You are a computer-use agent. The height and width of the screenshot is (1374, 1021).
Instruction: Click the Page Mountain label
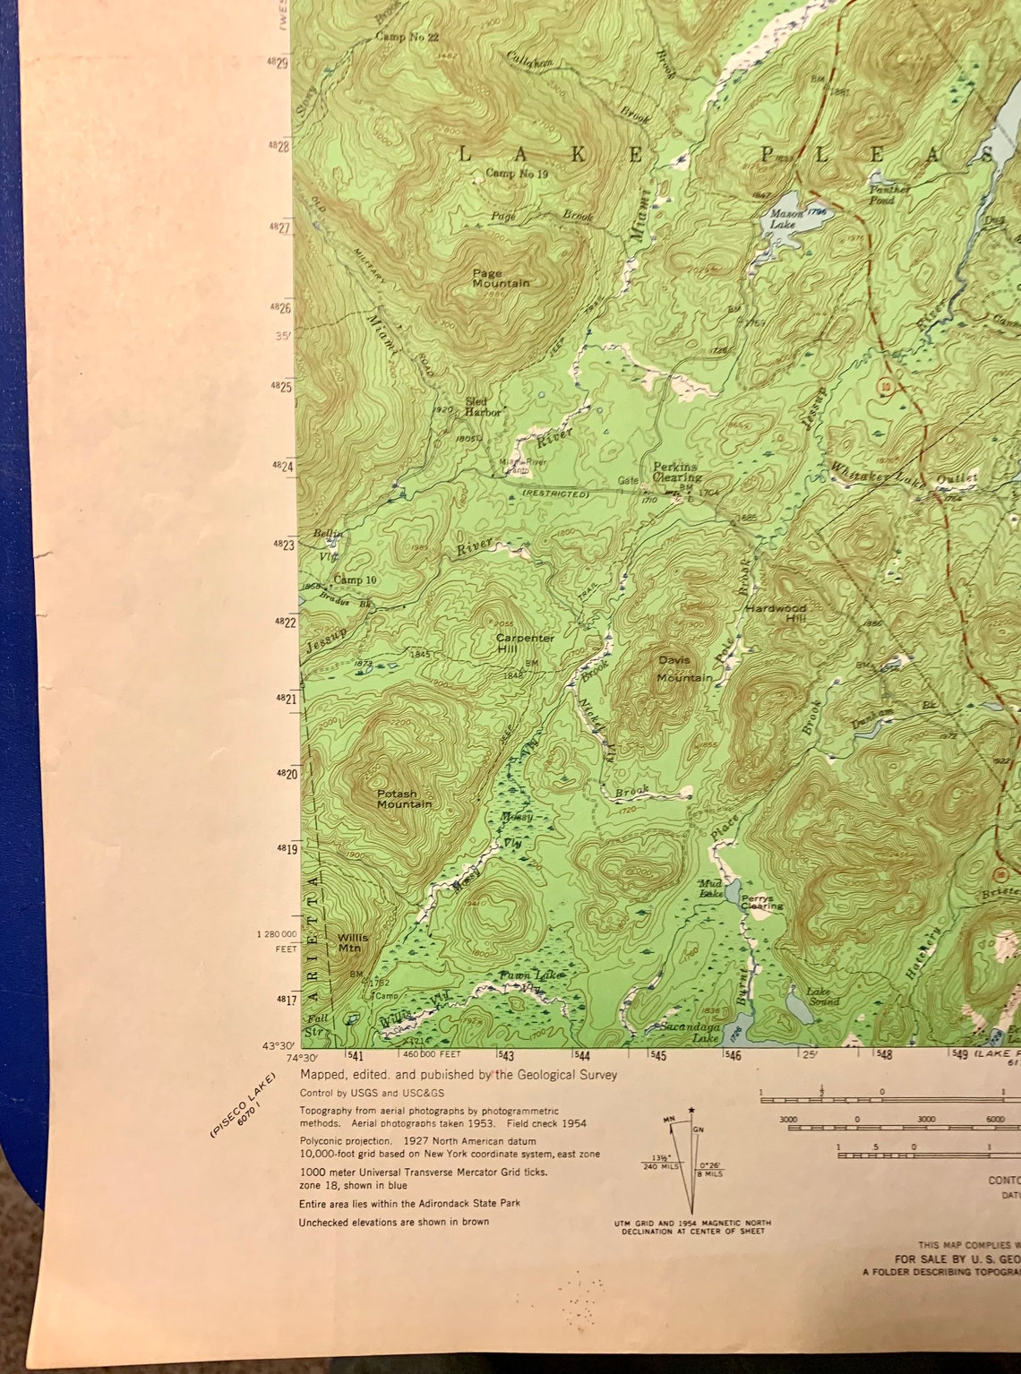(x=501, y=278)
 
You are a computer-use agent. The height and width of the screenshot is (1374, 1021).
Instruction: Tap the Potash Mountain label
(x=403, y=799)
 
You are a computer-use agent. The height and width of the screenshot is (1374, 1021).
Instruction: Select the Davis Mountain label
(x=684, y=669)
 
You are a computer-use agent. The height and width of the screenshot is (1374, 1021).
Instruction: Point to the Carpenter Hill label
(x=525, y=643)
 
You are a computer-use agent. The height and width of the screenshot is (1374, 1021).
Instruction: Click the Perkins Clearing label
(x=676, y=472)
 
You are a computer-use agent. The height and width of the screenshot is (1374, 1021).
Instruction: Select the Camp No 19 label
(x=516, y=174)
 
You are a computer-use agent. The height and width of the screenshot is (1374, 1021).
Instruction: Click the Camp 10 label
(x=355, y=580)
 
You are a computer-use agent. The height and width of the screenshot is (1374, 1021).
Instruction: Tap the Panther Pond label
(x=888, y=194)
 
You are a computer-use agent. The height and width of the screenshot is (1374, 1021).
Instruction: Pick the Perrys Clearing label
(x=761, y=901)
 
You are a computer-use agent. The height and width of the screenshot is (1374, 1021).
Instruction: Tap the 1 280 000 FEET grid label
(x=276, y=940)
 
